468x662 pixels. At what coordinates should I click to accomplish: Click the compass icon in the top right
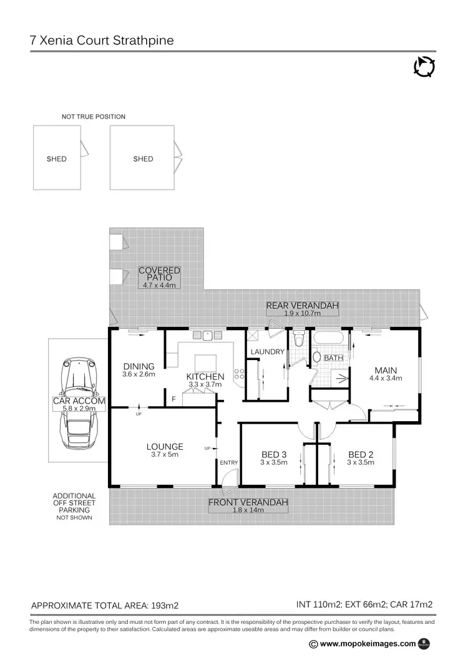coord(424,67)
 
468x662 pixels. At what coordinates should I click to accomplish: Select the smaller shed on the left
coord(57,158)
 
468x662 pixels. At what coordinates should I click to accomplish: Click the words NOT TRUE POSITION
coord(94,117)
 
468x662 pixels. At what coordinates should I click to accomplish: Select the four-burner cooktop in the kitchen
coord(238,374)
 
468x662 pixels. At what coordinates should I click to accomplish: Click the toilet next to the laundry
coord(298,340)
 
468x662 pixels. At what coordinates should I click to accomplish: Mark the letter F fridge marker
coord(173,397)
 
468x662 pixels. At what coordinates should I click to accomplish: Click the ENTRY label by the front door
coord(228,462)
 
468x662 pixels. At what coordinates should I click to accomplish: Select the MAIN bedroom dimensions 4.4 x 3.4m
coord(386,377)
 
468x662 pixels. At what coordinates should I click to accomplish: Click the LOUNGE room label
coord(165,447)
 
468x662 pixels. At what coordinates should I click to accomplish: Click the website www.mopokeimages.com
coord(368,644)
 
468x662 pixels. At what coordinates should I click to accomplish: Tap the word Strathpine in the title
coord(142,41)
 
